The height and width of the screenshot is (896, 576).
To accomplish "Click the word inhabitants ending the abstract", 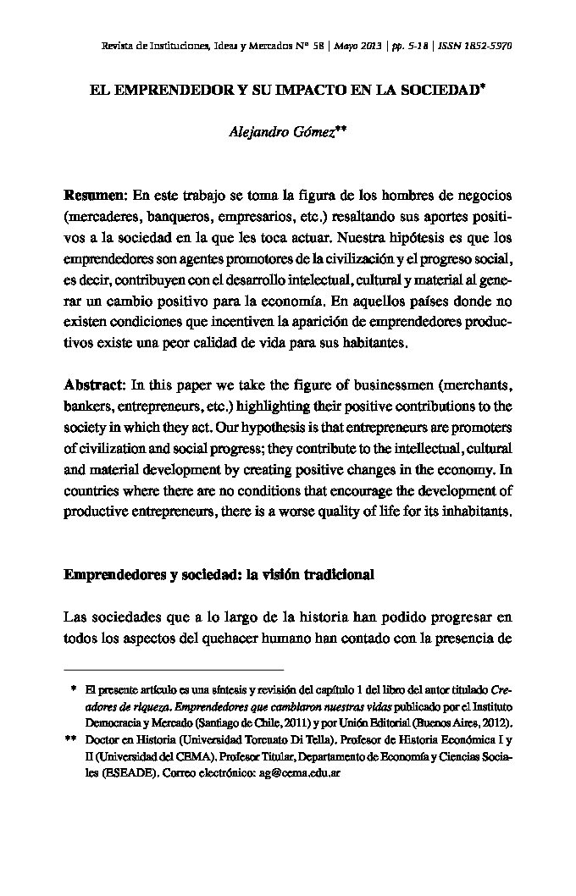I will (x=475, y=512).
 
